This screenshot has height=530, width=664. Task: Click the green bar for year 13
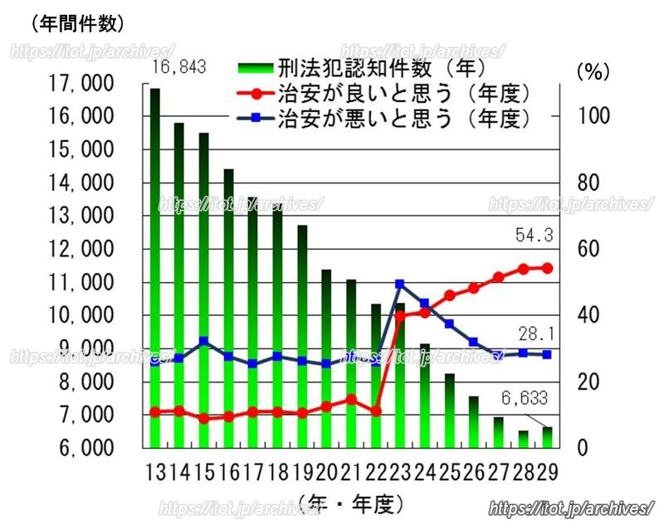[x=154, y=265]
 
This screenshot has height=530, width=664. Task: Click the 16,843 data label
[x=177, y=67]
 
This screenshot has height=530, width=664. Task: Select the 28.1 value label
[x=535, y=334]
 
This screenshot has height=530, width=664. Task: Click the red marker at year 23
[x=400, y=315]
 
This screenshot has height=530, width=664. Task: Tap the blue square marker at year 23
[x=400, y=284]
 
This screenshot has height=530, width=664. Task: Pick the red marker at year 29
[x=547, y=268]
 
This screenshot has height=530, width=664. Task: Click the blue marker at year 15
[x=203, y=340]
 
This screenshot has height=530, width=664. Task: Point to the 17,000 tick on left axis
[x=82, y=84]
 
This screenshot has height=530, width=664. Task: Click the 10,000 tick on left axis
[x=82, y=316]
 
